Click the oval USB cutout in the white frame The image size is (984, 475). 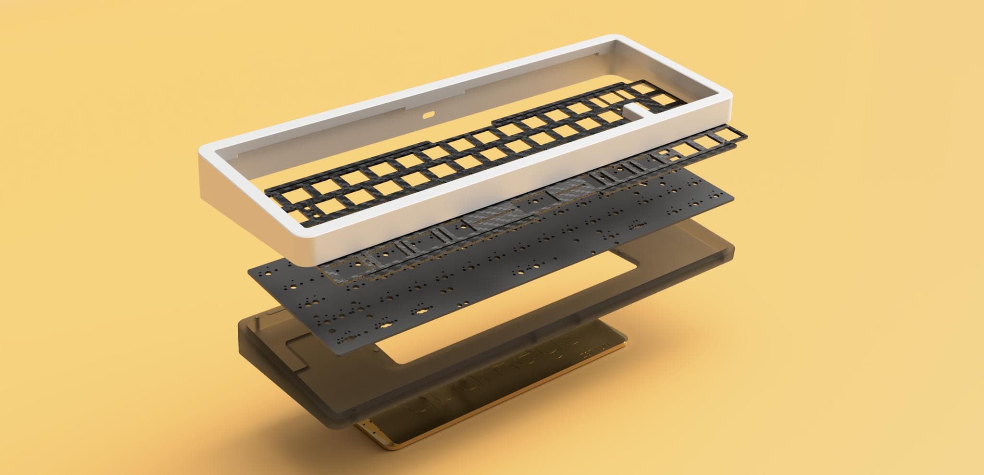click(x=428, y=115)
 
